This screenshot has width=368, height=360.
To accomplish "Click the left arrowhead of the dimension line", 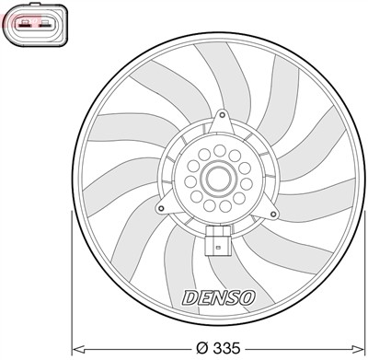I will pyautogui.click(x=78, y=349).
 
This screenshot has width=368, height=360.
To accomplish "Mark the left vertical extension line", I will pyautogui.click(x=73, y=276).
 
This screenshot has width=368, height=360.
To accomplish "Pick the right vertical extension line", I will pyautogui.click(x=365, y=276).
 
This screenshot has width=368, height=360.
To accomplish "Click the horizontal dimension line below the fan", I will pyautogui.click(x=138, y=349).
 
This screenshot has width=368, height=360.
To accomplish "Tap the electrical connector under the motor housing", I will pyautogui.click(x=217, y=243).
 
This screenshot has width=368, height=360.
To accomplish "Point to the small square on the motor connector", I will pyautogui.click(x=217, y=245).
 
